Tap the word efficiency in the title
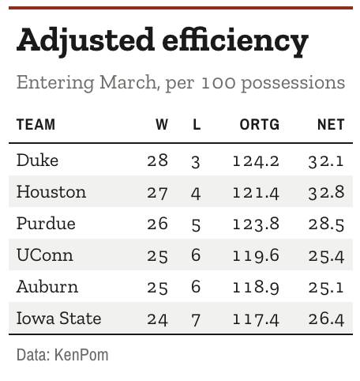coord(235,41)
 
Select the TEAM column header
coord(36,125)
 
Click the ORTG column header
coord(259,125)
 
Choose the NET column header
coord(331,125)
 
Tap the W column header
coord(162,125)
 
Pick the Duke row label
coord(37,160)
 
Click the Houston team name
coord(51,191)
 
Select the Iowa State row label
coord(58,318)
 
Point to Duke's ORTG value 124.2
coord(256,161)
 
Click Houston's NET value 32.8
coord(326,192)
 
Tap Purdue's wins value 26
coord(157,224)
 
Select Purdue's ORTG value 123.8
coord(256,224)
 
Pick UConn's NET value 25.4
coord(326,256)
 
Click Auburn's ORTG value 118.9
coord(256,288)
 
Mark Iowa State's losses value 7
coord(196,320)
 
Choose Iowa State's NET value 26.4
coord(326,319)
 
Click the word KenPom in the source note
coord(81,355)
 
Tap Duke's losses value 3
coord(196,162)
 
